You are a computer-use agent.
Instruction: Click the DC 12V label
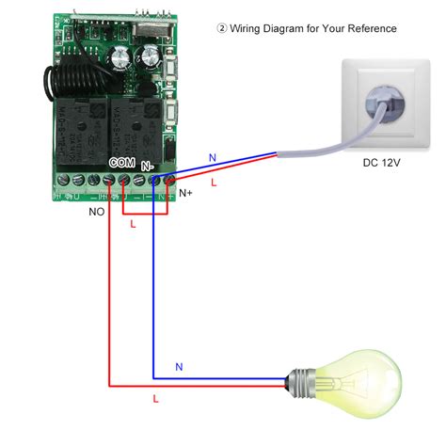382,163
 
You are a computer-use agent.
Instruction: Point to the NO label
96,213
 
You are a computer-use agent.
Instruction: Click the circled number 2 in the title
222,29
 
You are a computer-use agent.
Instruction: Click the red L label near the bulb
155,399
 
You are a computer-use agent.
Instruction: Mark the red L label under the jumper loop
133,226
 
